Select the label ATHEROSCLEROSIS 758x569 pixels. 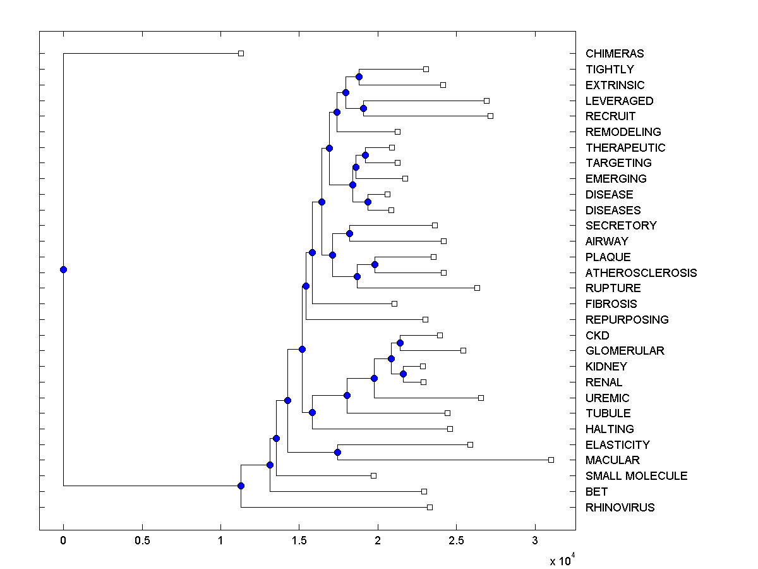point(641,273)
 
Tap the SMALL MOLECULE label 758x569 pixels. point(636,476)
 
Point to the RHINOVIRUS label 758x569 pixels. point(620,508)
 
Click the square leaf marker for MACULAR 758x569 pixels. point(551,460)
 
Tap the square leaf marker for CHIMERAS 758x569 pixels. point(241,54)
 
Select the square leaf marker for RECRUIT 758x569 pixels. point(490,116)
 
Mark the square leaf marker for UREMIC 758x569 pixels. point(481,398)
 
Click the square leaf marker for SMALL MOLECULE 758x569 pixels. point(373,475)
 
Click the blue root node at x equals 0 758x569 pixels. point(63,269)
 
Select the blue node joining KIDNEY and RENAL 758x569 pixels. point(403,374)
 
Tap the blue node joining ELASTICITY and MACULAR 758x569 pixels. point(337,452)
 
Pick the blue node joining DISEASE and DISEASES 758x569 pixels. point(368,202)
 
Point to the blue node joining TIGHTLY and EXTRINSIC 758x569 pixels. point(359,76)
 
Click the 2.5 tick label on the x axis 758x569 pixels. point(456,541)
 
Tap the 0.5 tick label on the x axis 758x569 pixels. point(142,541)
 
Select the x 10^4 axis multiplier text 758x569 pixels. point(562,560)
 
